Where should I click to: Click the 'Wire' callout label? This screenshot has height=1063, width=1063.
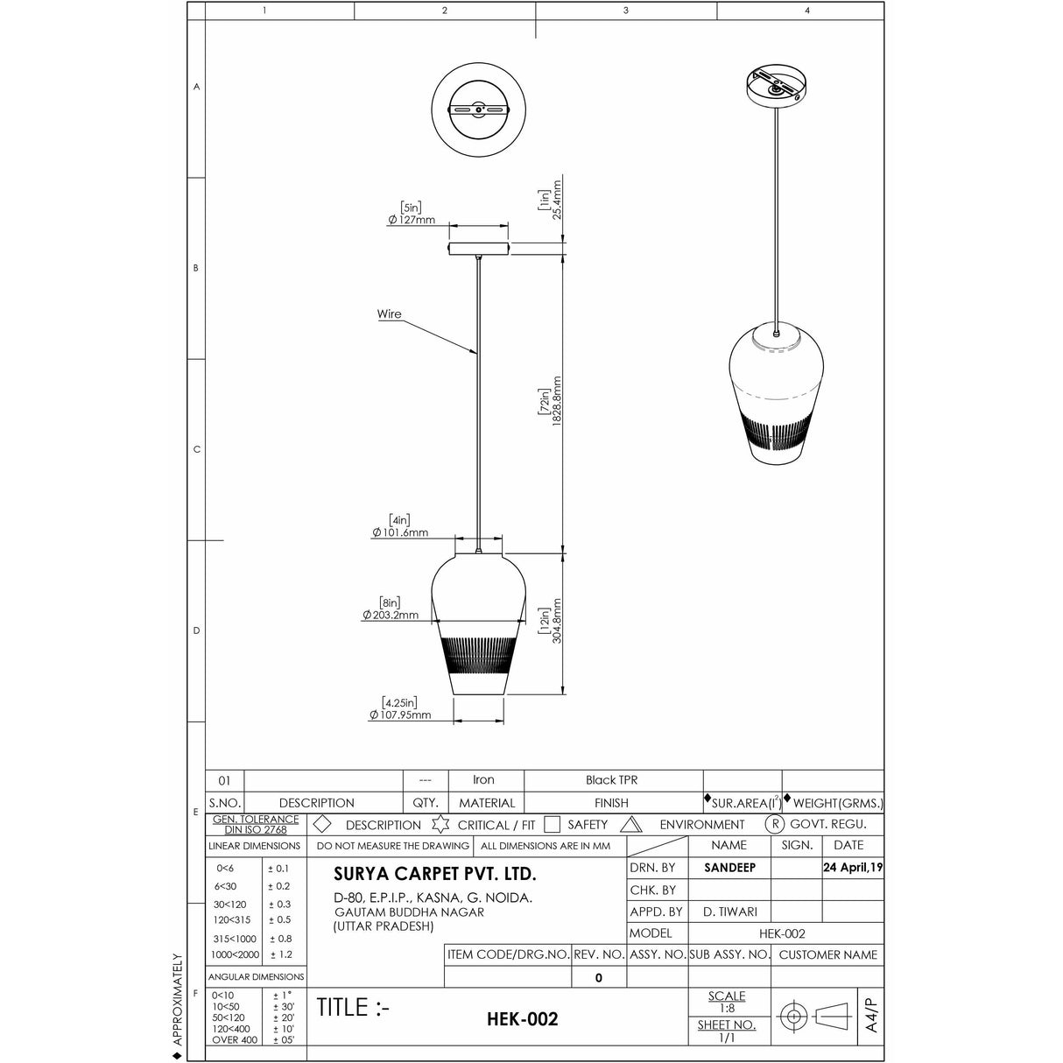pos(390,314)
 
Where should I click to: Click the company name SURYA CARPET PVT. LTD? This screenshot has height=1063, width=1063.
pos(435,874)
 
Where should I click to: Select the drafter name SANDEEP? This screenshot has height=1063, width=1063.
pos(729,868)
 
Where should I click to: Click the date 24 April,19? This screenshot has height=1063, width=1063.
pos(853,868)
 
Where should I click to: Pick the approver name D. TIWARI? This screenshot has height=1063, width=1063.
pos(729,912)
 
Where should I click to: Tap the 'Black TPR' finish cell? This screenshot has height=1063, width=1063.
pos(612,780)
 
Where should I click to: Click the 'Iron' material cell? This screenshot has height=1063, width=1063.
pos(483,780)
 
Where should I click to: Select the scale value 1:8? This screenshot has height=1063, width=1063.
pos(727,1008)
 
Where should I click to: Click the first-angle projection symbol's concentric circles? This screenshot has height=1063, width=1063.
pos(794,1017)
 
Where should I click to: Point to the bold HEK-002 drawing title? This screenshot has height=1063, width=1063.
pos(522,1019)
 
